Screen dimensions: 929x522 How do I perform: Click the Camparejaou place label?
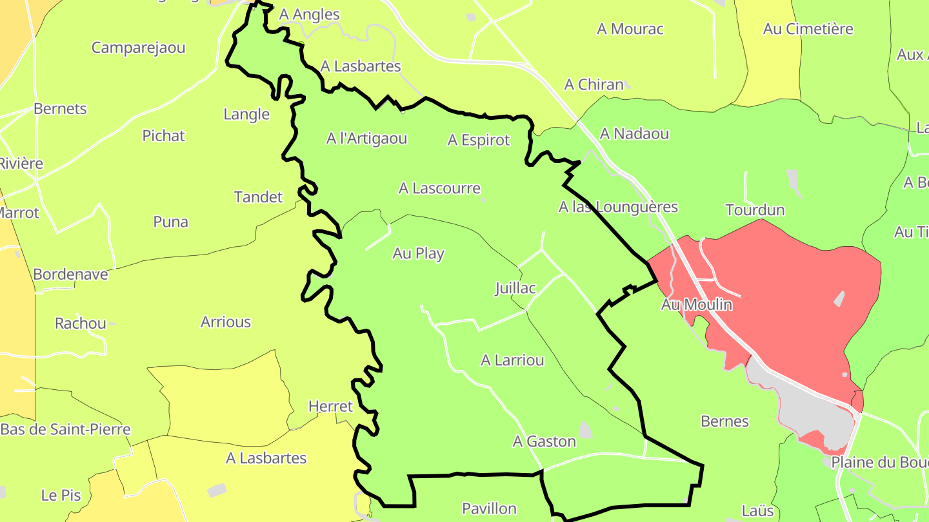[138, 48]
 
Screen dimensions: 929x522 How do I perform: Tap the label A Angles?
[310, 14]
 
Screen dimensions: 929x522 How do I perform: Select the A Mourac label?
[630, 29]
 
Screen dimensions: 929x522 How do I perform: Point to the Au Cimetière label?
[808, 29]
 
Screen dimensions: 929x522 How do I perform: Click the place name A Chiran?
[594, 84]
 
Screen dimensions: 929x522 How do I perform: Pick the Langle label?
[246, 115]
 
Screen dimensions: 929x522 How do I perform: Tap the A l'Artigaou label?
[366, 139]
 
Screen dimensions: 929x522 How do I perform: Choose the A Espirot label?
[479, 140]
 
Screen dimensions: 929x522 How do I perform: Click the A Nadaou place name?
[634, 133]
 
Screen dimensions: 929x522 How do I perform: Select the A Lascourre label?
[439, 188]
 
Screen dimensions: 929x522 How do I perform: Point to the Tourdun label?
[755, 210]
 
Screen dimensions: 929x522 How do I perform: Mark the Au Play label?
[418, 253]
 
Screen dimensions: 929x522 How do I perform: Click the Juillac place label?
[515, 288]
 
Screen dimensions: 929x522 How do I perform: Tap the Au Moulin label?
[697, 305]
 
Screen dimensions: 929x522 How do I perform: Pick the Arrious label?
[226, 322]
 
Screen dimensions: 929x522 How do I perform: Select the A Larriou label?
[512, 360]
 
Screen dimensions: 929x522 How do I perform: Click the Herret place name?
[330, 407]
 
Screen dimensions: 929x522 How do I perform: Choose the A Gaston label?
[544, 441]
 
